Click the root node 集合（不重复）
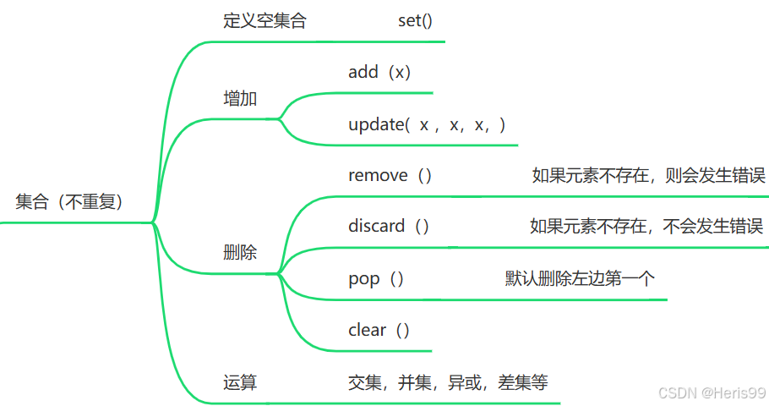tap(70, 202)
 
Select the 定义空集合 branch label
tap(265, 21)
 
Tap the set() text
tap(415, 21)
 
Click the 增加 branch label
tap(240, 99)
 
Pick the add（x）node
tap(379, 73)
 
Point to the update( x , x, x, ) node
tap(427, 125)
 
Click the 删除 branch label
tap(240, 253)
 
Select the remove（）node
tap(390, 176)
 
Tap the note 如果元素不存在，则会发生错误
tap(648, 176)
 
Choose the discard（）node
tap(389, 227)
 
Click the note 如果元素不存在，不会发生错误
tap(646, 227)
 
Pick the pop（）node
tap(376, 279)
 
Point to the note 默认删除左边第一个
tap(580, 279)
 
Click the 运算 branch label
tap(240, 383)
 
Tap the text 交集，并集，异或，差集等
tap(448, 383)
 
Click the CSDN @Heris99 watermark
tap(712, 393)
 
